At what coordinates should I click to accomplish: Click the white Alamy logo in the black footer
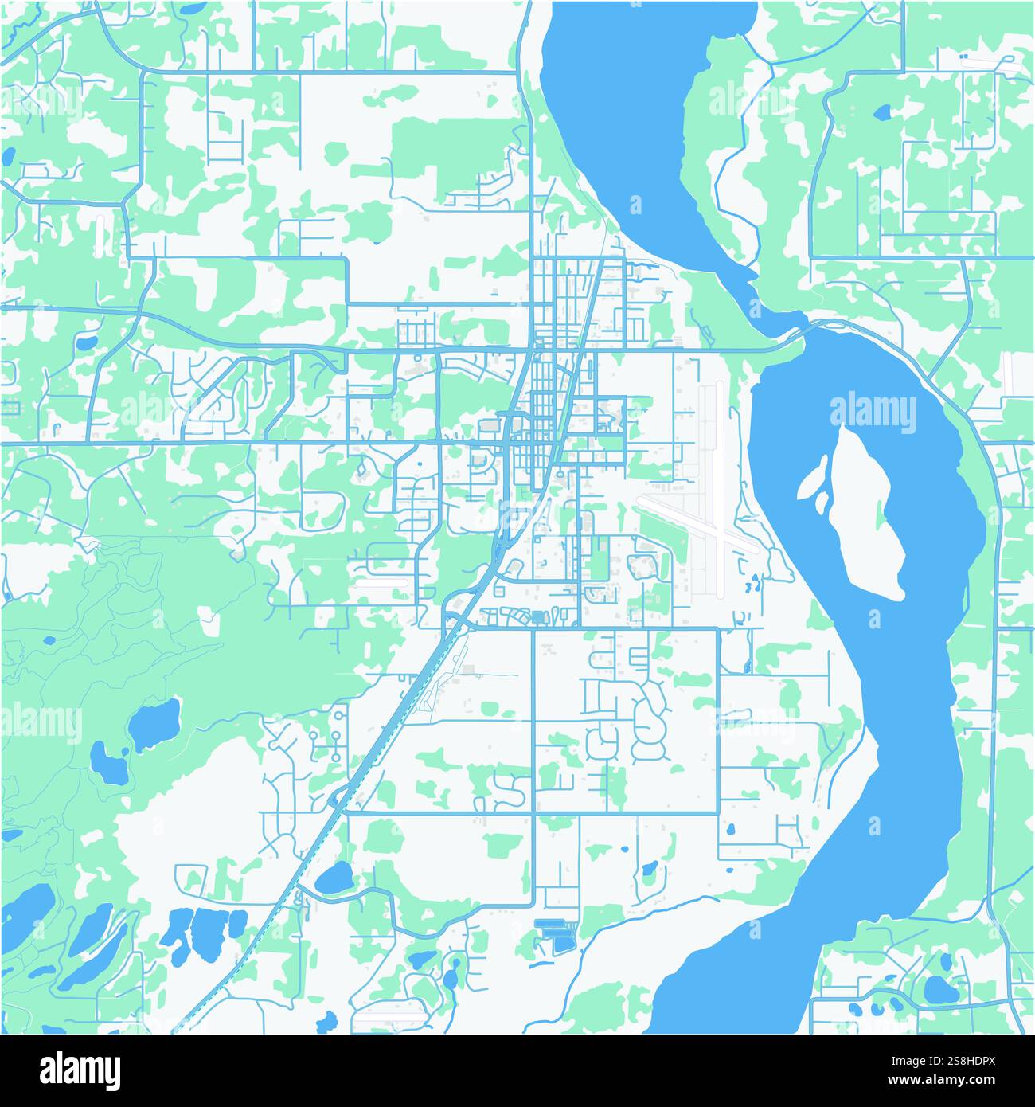point(80,1070)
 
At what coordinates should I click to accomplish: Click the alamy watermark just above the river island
point(873,413)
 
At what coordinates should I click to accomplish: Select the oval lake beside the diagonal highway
point(334,878)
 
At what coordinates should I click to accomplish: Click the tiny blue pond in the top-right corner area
point(882,112)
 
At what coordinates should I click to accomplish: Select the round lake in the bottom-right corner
point(940,989)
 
